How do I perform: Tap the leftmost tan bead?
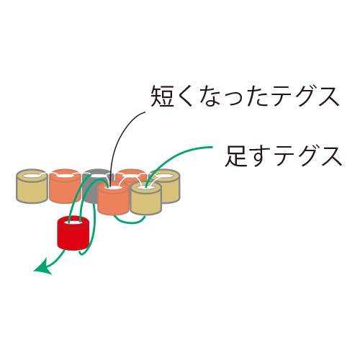click(x=32, y=186)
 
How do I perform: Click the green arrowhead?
click(x=42, y=269)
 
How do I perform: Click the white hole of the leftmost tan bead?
click(x=32, y=176)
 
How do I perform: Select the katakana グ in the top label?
click(x=305, y=96)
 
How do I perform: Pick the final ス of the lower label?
click(x=331, y=156)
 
